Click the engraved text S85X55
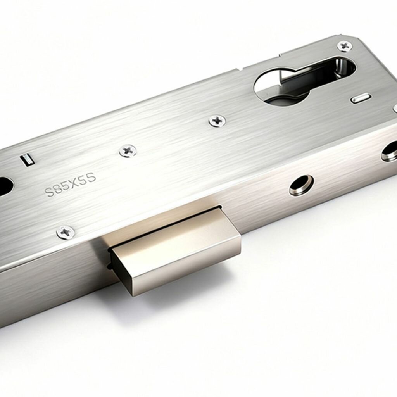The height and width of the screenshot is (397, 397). coord(71,185)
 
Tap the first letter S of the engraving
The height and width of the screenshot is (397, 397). coord(50,192)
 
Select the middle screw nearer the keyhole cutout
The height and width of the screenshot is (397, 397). coord(217,120)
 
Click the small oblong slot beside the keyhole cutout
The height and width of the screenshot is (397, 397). coord(361,98)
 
